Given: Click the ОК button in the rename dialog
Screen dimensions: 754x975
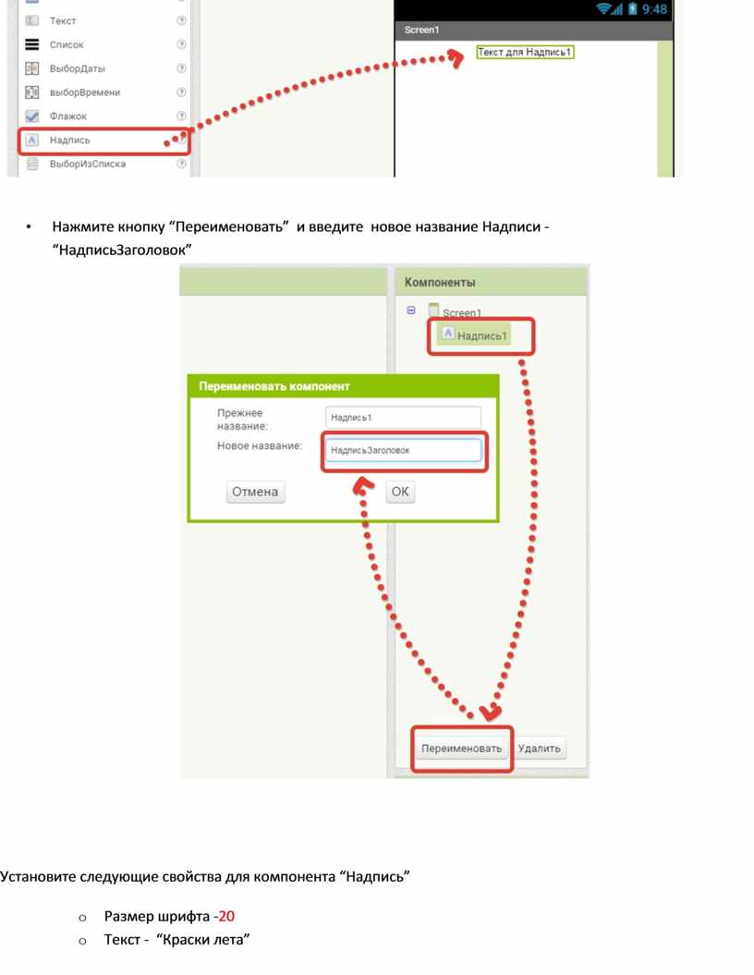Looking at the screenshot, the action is click(400, 492).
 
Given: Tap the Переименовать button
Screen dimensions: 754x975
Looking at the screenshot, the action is click(461, 749).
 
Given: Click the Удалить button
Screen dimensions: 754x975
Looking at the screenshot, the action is click(539, 749).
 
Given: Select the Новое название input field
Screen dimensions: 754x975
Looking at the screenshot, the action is click(404, 450).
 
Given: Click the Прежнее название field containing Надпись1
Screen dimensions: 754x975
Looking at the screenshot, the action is click(404, 417).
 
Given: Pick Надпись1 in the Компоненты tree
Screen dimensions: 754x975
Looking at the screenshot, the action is click(474, 335).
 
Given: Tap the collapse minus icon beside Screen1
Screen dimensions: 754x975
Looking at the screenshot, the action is click(411, 311).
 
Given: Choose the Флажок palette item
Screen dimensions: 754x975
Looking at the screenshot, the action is click(67, 116).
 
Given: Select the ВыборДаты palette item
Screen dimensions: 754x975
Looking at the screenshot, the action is click(77, 68).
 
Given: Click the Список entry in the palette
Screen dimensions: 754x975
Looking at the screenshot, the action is click(66, 44).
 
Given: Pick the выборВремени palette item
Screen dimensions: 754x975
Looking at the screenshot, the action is click(84, 92).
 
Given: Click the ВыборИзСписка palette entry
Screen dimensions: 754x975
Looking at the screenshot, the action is click(87, 165).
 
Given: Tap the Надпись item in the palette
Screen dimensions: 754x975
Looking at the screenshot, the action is click(69, 140).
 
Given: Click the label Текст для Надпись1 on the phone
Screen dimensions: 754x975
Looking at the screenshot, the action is click(525, 53).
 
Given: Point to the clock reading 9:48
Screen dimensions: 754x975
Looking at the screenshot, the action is click(654, 9).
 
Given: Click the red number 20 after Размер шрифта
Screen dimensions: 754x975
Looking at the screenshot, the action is click(226, 916).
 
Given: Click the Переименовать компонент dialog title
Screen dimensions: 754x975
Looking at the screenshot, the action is click(274, 386).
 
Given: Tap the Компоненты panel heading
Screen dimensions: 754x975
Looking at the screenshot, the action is click(440, 282).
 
